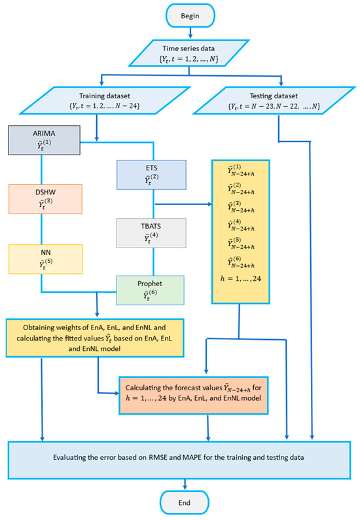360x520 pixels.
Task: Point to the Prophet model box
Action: (x=151, y=289)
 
